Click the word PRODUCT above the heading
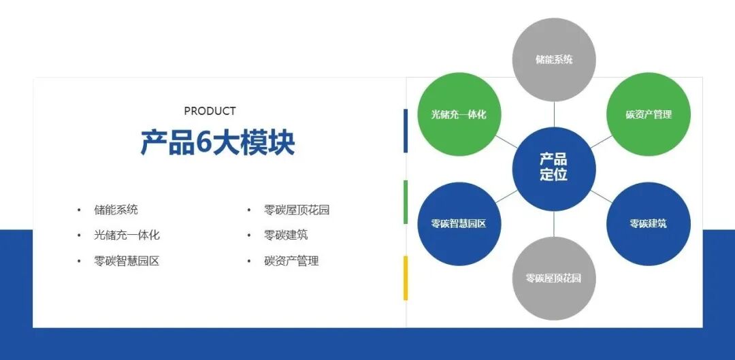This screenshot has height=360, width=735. (210, 111)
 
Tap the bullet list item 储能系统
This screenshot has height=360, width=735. (116, 210)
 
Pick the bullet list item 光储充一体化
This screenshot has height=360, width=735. (127, 235)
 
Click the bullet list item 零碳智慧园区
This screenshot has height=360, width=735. (127, 261)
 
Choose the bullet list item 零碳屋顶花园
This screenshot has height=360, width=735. (297, 210)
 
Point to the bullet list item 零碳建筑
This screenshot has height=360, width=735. (286, 235)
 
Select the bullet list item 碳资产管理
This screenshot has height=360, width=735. (291, 261)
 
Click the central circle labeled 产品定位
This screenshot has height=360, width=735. (553, 167)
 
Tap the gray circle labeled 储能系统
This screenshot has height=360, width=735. (553, 60)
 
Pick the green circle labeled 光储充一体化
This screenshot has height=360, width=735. (459, 114)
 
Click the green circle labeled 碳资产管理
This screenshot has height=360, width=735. (648, 114)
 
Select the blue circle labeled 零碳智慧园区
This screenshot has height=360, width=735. (459, 223)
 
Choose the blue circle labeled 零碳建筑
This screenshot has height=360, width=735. (648, 223)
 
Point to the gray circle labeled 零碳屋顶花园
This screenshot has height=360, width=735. (553, 278)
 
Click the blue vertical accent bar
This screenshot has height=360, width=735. (406, 131)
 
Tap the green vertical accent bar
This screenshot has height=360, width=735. (406, 202)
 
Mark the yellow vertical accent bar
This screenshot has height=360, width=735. (406, 278)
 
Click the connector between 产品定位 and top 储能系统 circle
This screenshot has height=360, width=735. (554, 114)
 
